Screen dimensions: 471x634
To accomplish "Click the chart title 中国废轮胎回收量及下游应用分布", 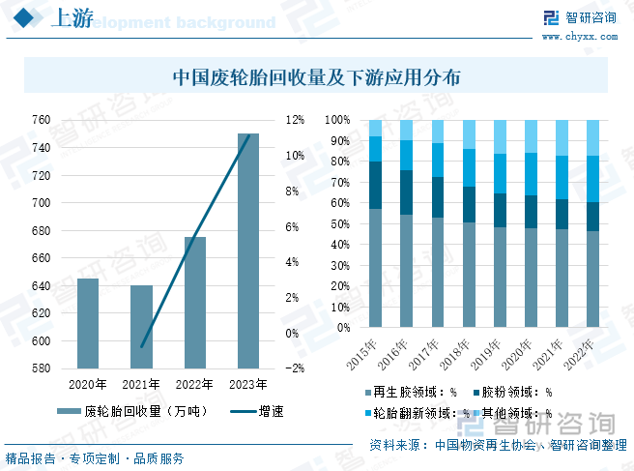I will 316,76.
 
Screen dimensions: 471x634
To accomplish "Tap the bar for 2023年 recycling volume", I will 248,251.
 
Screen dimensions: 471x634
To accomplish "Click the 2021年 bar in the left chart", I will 141,327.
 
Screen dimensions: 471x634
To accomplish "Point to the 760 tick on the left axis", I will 41,120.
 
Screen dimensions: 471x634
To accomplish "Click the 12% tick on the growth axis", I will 295,120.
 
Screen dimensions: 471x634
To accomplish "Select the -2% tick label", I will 295,368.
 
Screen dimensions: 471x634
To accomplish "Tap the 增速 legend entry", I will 261,410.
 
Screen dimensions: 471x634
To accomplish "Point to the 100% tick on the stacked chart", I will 337,120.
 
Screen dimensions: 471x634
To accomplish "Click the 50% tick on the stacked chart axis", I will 339,224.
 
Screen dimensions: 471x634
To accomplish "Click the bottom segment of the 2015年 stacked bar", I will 376,269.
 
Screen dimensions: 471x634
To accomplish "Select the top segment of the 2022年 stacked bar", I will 592,137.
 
